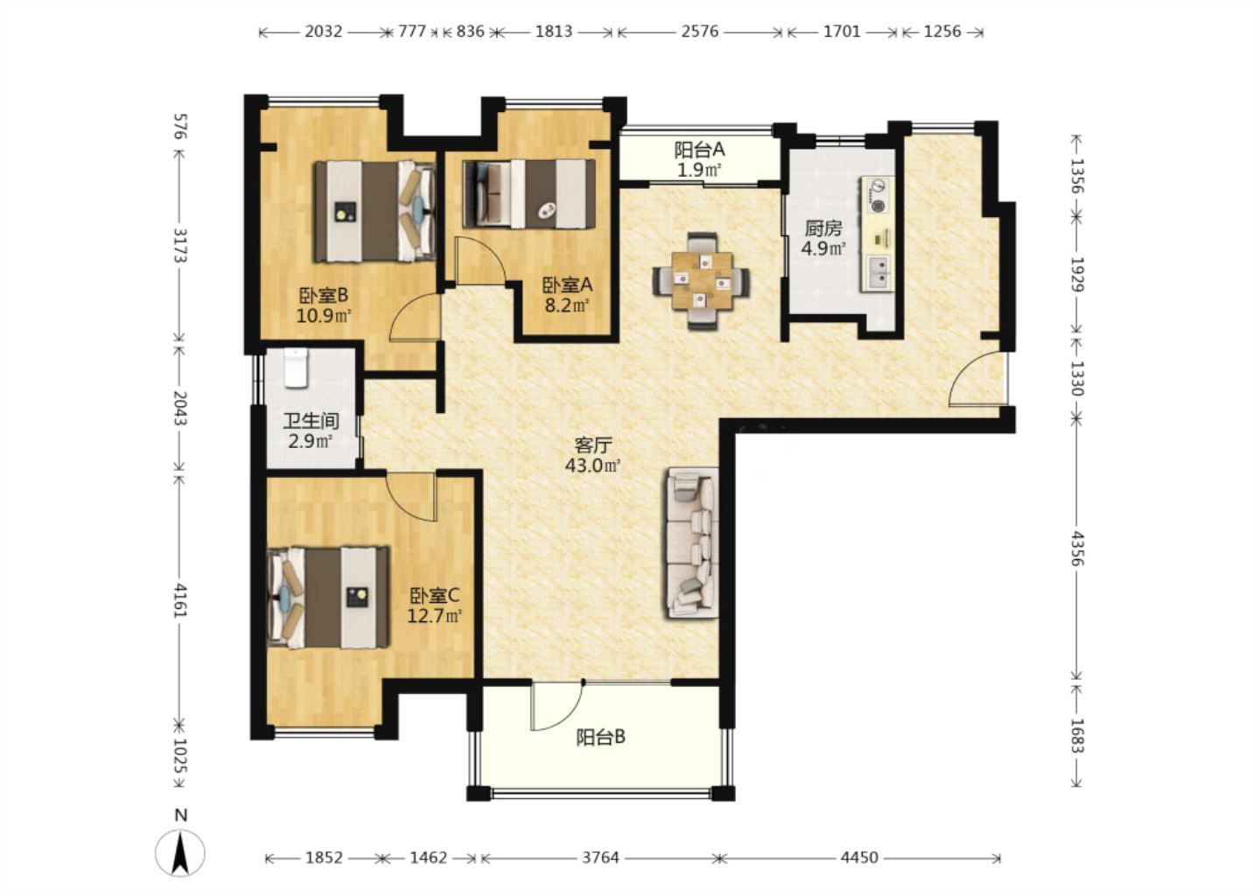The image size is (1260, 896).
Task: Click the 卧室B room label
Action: click(324, 295)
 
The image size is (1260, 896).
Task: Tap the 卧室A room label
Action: click(567, 286)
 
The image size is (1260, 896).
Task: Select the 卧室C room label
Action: click(434, 595)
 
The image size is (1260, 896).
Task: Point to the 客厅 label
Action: click(592, 445)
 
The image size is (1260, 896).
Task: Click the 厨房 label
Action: click(823, 228)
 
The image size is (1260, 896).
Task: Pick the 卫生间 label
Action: click(311, 421)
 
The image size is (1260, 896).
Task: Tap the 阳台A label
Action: click(699, 150)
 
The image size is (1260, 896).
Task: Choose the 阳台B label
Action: click(600, 737)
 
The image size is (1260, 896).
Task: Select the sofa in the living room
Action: click(692, 543)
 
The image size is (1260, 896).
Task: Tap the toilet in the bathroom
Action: click(296, 367)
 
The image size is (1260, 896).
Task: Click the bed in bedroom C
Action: click(328, 597)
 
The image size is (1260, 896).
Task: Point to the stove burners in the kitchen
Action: click(878, 195)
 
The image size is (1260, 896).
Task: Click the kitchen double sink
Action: click(878, 272)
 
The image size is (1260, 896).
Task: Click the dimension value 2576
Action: click(700, 31)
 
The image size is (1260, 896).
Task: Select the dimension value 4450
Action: click(859, 857)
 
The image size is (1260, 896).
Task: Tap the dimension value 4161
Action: click(180, 600)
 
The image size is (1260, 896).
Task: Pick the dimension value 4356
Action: click(1076, 548)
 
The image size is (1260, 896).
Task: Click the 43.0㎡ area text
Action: click(592, 465)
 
